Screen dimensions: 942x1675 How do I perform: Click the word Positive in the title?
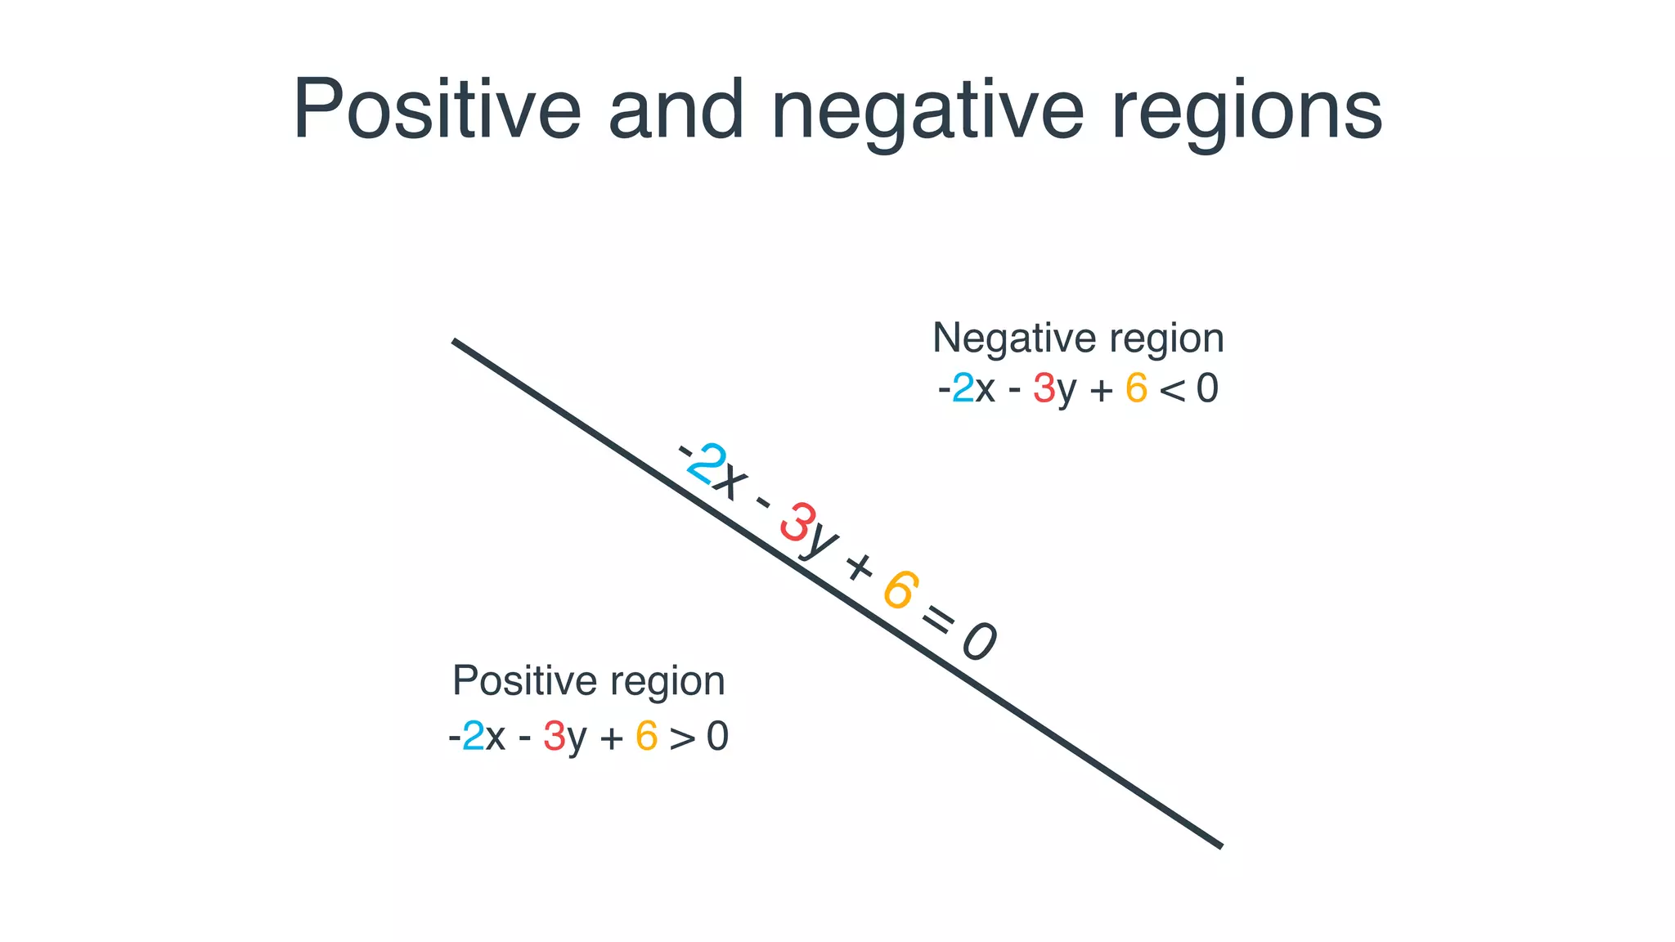point(437,110)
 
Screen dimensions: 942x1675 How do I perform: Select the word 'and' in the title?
point(676,110)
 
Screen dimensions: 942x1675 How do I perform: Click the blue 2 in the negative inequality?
point(963,388)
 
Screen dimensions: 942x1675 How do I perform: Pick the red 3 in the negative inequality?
point(1044,388)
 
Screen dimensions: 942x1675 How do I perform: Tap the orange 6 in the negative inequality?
point(1136,388)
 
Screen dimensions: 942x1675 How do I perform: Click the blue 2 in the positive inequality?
point(473,737)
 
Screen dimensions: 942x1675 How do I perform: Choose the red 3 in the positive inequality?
point(554,737)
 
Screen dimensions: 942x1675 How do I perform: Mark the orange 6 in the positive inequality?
point(646,737)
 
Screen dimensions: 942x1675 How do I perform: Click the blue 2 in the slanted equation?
point(706,463)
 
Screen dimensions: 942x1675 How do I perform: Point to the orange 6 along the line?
point(900,590)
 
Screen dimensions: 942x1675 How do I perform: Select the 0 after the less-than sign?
point(1207,388)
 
